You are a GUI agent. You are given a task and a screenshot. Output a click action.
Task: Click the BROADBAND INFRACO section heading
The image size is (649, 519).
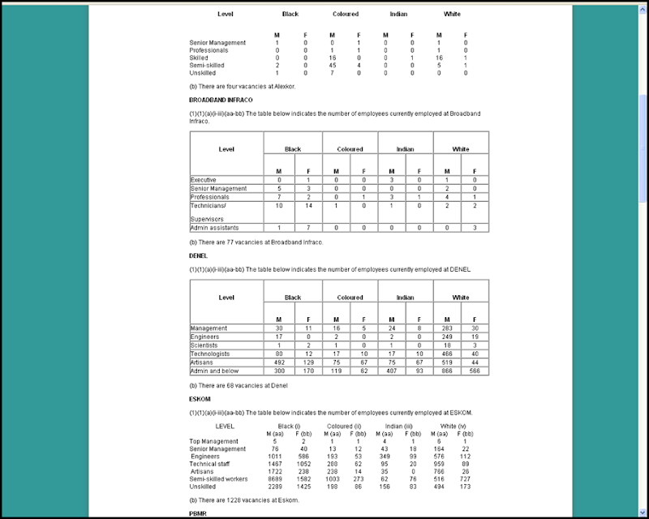(x=215, y=99)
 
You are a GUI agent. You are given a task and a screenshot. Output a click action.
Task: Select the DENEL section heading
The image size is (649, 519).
(x=198, y=255)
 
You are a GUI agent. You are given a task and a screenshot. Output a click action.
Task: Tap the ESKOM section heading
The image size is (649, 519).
(x=200, y=398)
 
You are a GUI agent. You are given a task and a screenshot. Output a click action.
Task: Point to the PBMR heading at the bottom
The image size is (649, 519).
(x=198, y=513)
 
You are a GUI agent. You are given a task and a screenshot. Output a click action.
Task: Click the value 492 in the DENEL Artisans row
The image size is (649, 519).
(x=277, y=362)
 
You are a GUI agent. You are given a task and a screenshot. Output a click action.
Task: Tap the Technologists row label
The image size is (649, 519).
(x=210, y=354)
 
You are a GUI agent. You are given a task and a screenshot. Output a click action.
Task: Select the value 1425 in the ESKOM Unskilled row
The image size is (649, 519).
(x=304, y=487)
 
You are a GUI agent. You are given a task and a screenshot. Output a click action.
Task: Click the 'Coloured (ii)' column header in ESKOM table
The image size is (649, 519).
(x=346, y=426)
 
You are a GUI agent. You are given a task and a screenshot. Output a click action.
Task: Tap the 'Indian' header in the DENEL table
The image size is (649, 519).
(x=406, y=298)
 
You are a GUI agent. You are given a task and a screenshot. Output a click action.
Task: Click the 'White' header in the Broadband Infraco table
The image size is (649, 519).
(x=461, y=149)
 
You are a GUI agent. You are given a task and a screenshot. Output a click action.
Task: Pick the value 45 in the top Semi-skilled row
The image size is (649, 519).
(x=332, y=65)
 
